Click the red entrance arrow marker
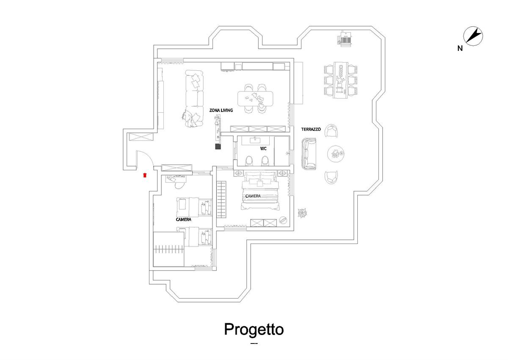145,175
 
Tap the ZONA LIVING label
221,110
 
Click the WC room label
263,149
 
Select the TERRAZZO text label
311,129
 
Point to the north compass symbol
473,36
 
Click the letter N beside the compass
460,48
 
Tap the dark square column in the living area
218,146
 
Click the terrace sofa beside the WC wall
309,154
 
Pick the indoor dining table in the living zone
255,99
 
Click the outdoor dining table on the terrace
340,80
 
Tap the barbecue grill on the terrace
345,39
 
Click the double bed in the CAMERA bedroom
260,191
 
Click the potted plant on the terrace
302,213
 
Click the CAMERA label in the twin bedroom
183,219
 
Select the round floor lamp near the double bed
283,219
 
